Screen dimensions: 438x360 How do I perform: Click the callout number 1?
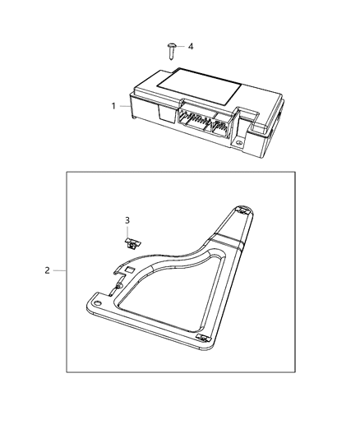114,105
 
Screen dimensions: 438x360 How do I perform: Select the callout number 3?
127,220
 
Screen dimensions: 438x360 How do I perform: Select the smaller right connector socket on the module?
220,127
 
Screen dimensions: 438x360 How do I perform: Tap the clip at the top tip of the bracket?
243,210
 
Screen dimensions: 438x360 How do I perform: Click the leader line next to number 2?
59,270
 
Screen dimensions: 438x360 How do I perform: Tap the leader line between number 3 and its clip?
128,230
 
